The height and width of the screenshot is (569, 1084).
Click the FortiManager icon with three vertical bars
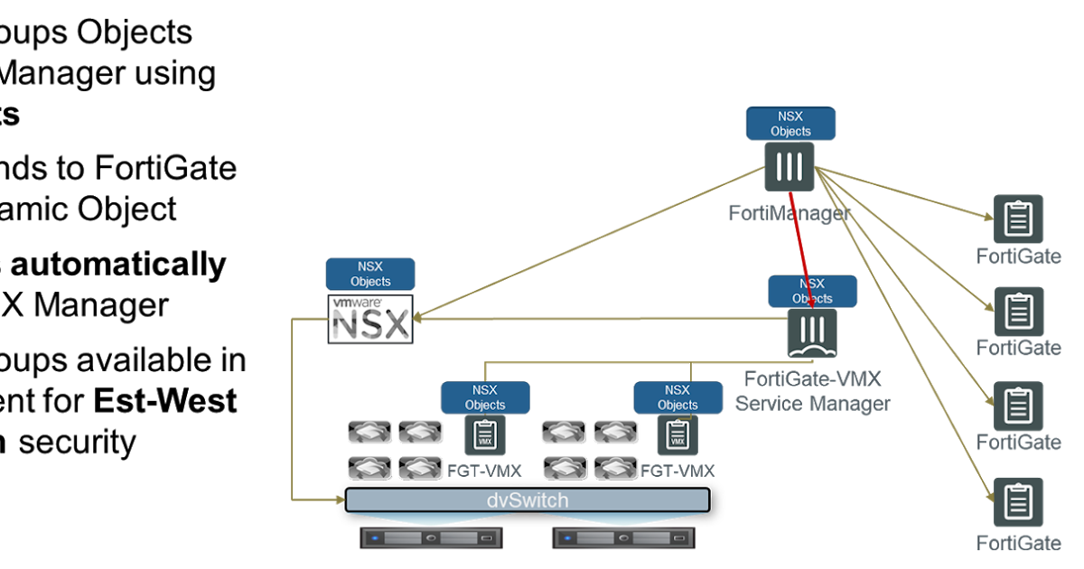790,166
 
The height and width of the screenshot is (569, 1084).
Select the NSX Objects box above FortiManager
790,123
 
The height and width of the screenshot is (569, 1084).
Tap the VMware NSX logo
370,319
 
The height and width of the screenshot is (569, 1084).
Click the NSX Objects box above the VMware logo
370,274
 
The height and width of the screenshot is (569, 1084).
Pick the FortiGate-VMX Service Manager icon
811,334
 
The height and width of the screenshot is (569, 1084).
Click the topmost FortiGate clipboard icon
1018,219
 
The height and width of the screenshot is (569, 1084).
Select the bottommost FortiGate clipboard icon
1018,502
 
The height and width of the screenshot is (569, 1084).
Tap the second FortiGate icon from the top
1018,312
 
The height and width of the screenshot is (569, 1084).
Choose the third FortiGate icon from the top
1018,406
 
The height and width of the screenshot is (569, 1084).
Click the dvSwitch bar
528,499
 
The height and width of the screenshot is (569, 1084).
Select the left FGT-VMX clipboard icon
485,435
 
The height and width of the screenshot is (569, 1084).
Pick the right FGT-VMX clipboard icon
677,435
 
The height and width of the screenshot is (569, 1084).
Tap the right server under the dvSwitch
623,538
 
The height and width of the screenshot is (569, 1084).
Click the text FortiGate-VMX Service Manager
811,390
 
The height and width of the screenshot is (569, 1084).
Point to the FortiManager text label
790,213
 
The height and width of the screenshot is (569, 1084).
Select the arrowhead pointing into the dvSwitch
341,498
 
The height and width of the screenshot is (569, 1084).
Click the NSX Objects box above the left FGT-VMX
485,397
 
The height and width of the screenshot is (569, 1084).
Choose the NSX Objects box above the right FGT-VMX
677,397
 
